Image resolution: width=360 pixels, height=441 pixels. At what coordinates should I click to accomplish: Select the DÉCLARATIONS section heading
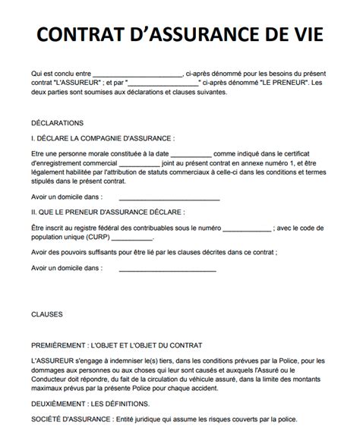(x=58, y=123)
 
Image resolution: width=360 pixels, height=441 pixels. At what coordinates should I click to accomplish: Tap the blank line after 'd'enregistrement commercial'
(x=140, y=162)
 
